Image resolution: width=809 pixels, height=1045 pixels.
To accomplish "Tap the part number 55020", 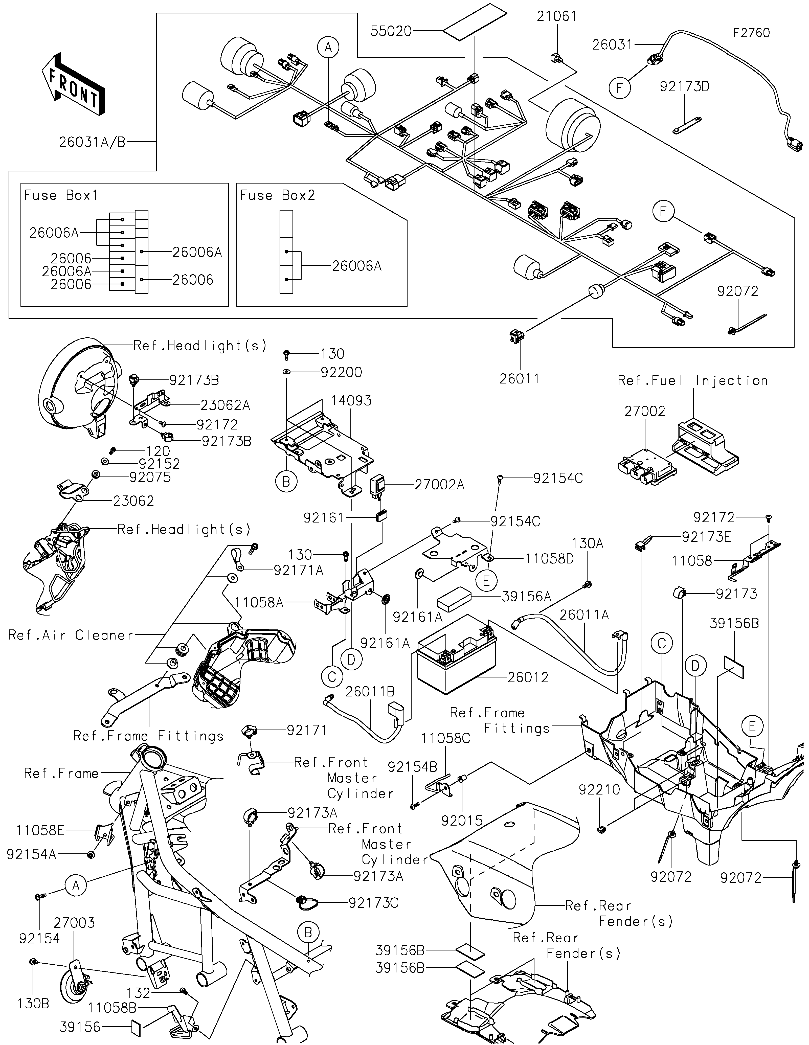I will (x=391, y=32).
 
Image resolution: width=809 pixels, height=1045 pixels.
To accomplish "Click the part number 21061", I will (x=556, y=17).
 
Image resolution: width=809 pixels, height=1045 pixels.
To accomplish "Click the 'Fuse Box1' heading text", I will (x=61, y=195).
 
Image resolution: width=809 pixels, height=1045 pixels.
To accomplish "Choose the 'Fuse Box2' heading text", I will (x=278, y=195).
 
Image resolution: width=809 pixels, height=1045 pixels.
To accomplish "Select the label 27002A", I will (x=439, y=485).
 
